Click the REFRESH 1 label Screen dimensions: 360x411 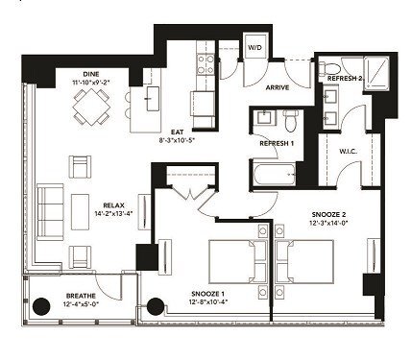pyautogui.click(x=278, y=143)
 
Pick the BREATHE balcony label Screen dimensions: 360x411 pyautogui.click(x=80, y=296)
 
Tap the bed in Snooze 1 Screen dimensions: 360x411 pyautogui.click(x=230, y=260)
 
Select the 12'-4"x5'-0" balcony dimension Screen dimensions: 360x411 pyautogui.click(x=80, y=305)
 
